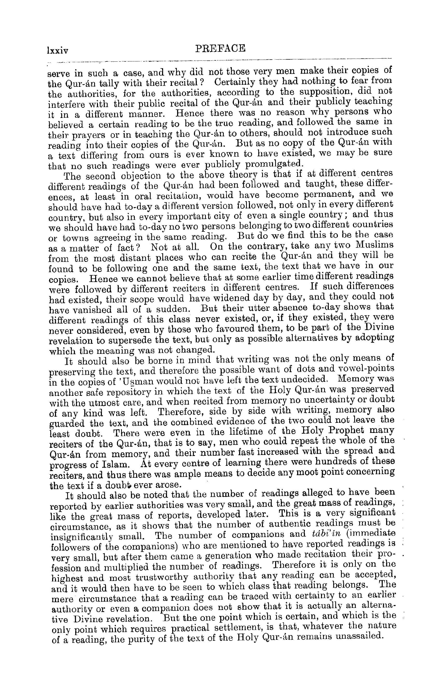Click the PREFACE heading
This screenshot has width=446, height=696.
pyautogui.click(x=220, y=48)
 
